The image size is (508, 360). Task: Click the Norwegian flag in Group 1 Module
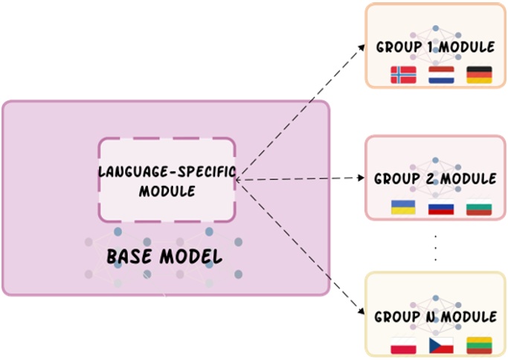(403, 75)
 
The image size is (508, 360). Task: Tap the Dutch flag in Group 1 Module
(441, 75)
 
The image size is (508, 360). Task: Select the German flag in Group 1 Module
(479, 75)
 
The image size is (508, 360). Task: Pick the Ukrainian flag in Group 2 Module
(403, 207)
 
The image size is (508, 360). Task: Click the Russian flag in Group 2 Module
(441, 207)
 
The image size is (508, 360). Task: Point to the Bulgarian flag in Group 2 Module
(479, 207)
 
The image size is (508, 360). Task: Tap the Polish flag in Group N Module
(403, 345)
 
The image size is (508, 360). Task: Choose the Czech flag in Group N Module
(441, 345)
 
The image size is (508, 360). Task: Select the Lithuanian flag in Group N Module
(479, 345)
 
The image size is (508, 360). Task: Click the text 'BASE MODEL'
(164, 257)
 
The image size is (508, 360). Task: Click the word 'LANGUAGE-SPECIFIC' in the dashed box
(167, 171)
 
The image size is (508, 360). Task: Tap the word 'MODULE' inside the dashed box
(167, 191)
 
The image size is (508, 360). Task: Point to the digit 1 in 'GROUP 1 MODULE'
(431, 47)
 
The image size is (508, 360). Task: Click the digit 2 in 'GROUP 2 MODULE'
(431, 179)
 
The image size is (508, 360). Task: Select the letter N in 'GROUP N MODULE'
(431, 317)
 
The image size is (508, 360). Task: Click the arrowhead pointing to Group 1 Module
(361, 48)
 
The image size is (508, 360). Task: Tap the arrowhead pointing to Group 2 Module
(361, 178)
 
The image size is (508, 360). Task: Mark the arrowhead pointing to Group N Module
(361, 311)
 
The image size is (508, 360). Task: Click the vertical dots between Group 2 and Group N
(435, 248)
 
